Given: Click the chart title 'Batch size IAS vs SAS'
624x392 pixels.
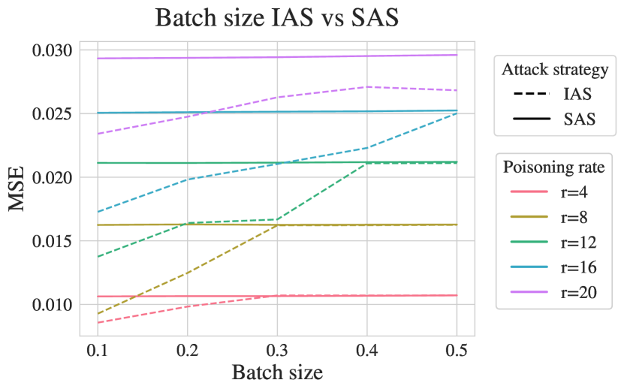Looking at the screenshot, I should click(x=276, y=18).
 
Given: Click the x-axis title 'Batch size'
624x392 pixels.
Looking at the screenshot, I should click(x=277, y=372).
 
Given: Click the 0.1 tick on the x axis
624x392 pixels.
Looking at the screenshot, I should click(x=98, y=349).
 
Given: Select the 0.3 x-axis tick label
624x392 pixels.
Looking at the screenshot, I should click(x=277, y=349).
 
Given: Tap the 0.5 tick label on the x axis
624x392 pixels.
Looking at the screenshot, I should click(x=457, y=349).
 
